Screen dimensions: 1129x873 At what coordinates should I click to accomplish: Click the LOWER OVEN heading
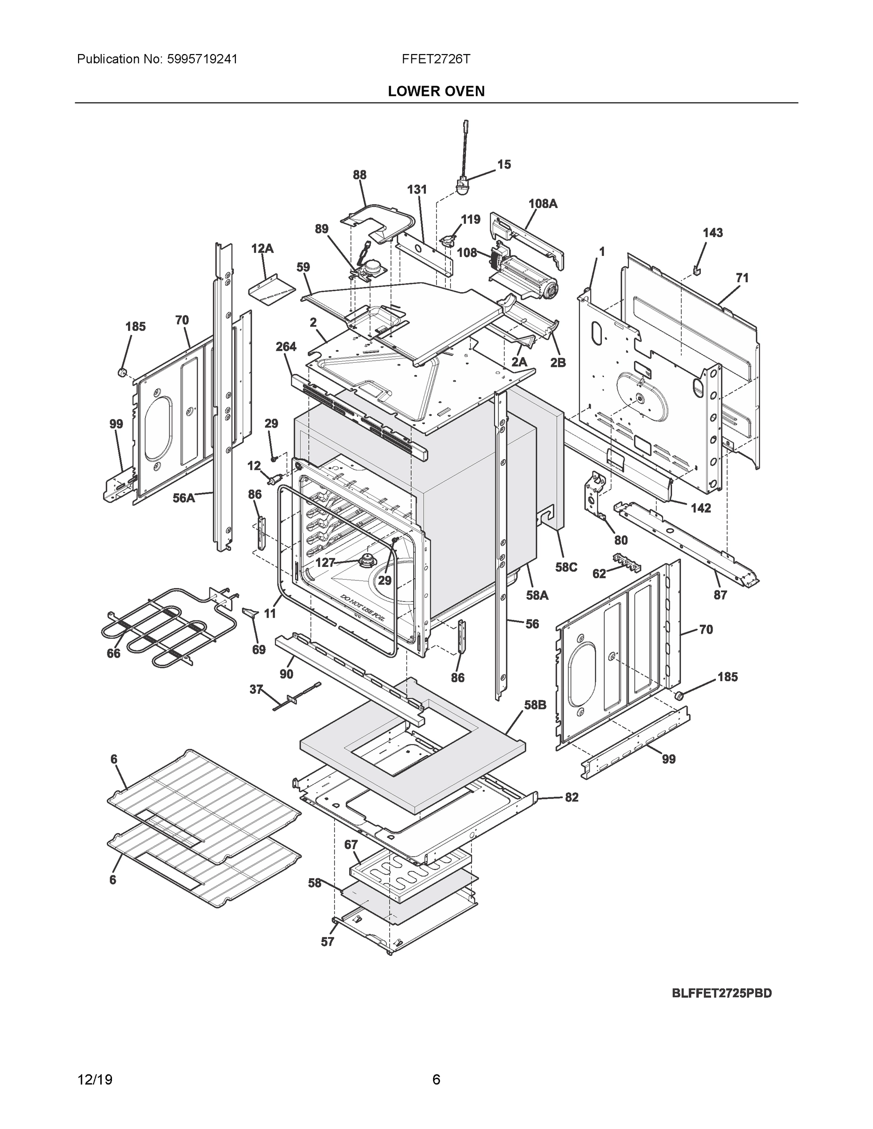point(436,92)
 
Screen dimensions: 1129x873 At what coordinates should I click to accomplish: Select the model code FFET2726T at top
point(436,59)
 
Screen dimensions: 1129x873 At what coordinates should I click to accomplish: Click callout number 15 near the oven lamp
point(504,164)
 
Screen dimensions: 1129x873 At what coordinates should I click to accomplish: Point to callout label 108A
point(543,204)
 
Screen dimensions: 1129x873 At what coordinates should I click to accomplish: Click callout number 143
point(712,233)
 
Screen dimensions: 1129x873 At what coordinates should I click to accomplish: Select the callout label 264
point(286,347)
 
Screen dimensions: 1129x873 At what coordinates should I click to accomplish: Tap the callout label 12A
point(262,249)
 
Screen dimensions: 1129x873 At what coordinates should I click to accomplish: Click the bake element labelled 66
point(155,626)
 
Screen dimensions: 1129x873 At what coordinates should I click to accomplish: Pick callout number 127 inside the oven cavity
point(325,563)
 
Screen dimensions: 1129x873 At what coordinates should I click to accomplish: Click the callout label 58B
point(535,705)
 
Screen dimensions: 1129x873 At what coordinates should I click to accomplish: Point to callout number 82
point(571,797)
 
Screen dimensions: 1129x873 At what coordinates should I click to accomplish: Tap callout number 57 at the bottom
point(328,942)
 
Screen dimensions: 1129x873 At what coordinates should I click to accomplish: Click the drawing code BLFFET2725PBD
point(721,993)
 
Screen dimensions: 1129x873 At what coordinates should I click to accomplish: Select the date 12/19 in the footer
point(95,1080)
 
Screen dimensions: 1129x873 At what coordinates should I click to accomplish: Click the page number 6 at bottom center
point(436,1080)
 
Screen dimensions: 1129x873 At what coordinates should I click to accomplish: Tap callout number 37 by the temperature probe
point(256,690)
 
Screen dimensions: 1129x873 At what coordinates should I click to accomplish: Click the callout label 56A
point(184,498)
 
